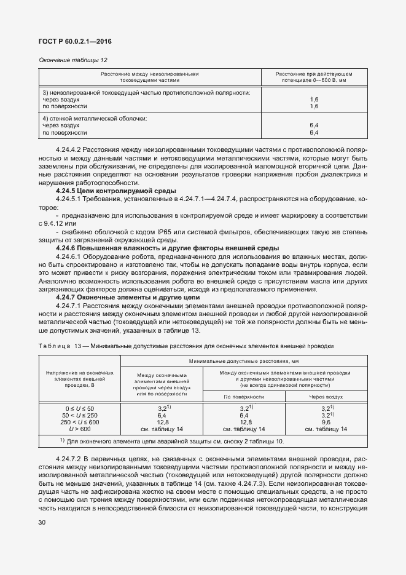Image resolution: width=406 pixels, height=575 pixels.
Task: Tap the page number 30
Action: [42, 523]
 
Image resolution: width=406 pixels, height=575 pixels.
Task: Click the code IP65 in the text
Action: [165, 231]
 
